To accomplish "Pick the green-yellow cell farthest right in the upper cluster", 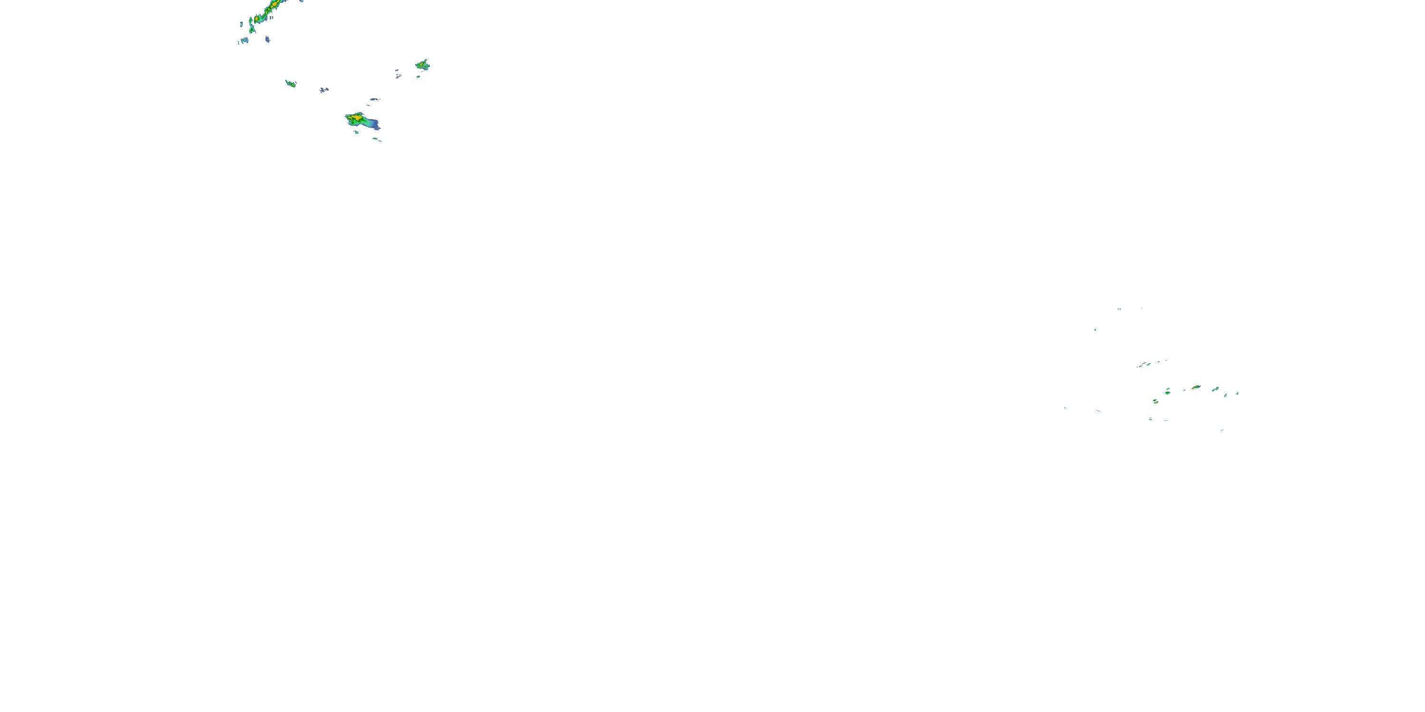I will [423, 65].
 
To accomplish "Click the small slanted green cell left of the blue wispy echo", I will [290, 84].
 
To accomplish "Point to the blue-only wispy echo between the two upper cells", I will [323, 90].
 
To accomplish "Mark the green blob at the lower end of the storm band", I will [252, 28].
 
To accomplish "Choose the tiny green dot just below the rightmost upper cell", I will [418, 77].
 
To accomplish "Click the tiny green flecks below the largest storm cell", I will [377, 139].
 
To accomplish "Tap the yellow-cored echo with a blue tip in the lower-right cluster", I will [1197, 387].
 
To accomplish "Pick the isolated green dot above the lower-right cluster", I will [1095, 330].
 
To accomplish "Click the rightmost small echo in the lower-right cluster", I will [1237, 393].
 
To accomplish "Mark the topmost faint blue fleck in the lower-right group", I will [1119, 309].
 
